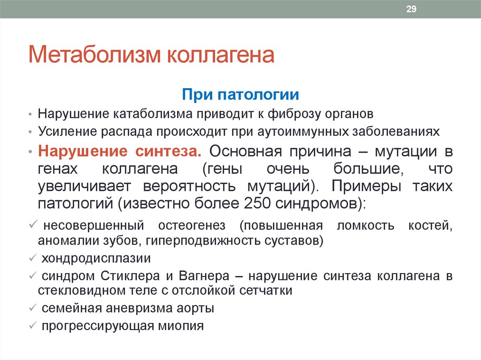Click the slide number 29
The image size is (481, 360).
click(x=411, y=9)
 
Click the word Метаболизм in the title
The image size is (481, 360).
click(x=94, y=54)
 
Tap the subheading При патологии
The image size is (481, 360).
click(x=240, y=94)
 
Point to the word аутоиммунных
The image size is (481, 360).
click(x=303, y=131)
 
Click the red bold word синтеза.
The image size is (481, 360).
click(x=169, y=151)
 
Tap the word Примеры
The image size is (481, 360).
click(x=366, y=186)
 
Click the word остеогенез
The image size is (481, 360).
click(x=192, y=225)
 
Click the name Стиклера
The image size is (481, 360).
click(x=130, y=276)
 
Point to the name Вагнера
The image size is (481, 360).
click(x=204, y=276)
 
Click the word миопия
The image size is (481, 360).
click(x=181, y=326)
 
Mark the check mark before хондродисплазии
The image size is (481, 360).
click(x=33, y=258)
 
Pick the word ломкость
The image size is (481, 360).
click(x=365, y=225)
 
